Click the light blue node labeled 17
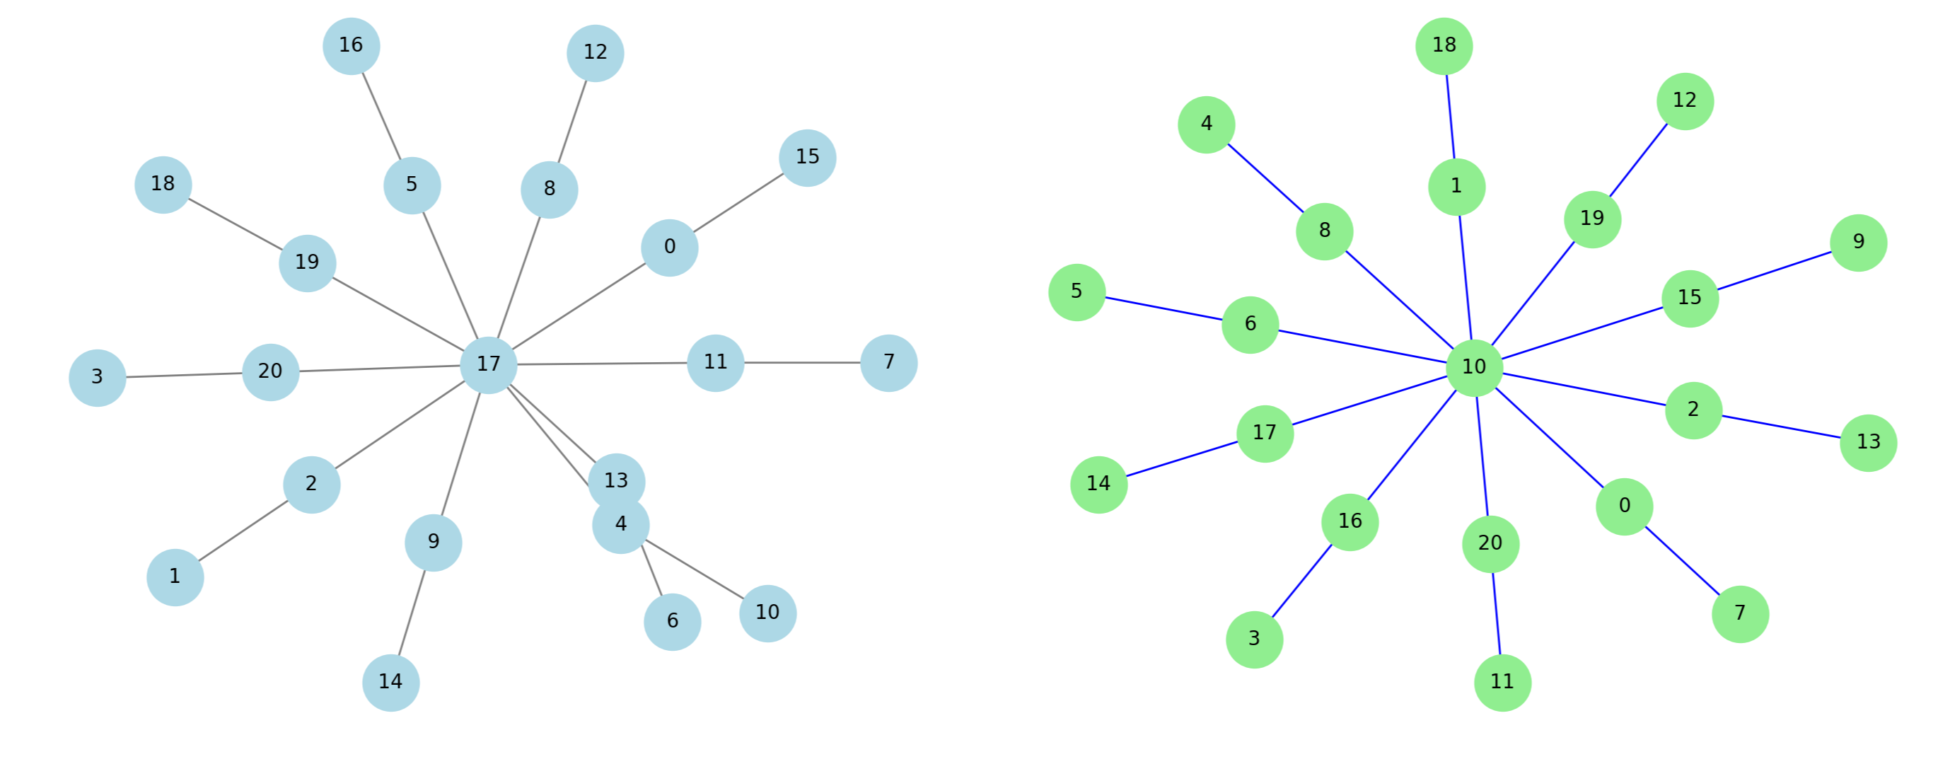[488, 365]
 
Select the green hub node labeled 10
[1473, 367]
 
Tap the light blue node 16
[352, 46]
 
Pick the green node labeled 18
[1444, 46]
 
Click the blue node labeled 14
[390, 683]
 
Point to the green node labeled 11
[1502, 683]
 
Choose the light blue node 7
[888, 363]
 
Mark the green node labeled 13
[1868, 443]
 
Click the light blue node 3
[97, 378]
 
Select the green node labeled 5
[1077, 292]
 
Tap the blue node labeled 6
[672, 622]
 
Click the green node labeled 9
[1858, 243]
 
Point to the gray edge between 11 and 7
[802, 363]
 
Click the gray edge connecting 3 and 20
[184, 375]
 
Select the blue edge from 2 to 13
[1781, 427]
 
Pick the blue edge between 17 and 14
[1182, 459]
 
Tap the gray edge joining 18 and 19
[235, 224]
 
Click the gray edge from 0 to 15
[738, 203]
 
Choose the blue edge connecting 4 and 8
[1265, 178]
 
